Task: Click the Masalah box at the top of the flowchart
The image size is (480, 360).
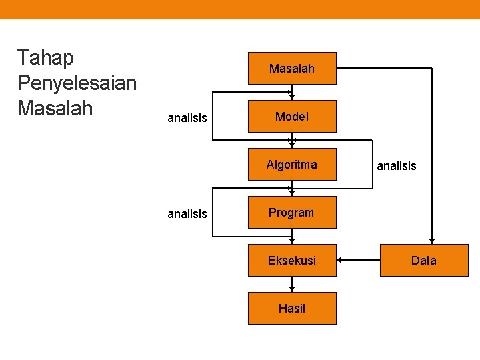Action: pos(292,68)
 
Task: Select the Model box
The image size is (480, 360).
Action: pos(292,117)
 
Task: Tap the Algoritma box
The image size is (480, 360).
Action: pos(292,165)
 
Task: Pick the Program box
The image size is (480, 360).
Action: pos(292,213)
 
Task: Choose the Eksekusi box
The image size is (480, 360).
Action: pos(292,260)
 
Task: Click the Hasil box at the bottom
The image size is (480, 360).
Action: pos(292,308)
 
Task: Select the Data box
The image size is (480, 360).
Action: pos(424,260)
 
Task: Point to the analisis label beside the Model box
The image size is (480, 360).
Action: pos(187,119)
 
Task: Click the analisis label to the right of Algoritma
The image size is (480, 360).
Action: pos(397,166)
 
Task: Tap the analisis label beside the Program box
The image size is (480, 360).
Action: pos(187,214)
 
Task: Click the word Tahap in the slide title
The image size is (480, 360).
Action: pos(45,59)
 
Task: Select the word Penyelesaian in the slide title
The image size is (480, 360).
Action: pos(77,83)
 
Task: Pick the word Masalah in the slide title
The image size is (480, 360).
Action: pos(56,107)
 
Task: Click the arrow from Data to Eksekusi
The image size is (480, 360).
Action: pos(358,260)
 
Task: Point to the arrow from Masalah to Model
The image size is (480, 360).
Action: pos(292,93)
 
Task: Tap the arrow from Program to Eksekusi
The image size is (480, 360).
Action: pos(292,237)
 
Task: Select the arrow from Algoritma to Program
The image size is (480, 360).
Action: pos(292,189)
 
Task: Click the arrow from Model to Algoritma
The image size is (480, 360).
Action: pos(292,141)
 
